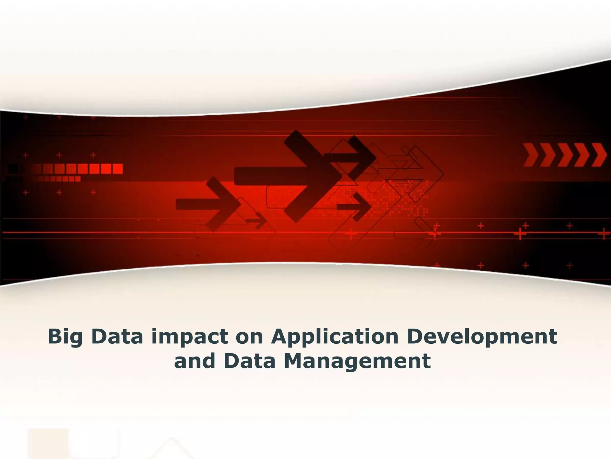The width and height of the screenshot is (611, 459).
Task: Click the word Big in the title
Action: pos(65,337)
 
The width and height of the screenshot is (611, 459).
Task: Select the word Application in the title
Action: pos(335,337)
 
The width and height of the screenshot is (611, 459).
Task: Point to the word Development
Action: pos(482,337)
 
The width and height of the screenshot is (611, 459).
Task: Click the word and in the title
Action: pos(194,361)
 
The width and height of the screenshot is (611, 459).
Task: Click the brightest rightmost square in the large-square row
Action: pos(117,169)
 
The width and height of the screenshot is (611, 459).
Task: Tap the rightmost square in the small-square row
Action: pos(78,179)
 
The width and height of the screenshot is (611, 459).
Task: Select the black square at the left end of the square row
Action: pos(13,169)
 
